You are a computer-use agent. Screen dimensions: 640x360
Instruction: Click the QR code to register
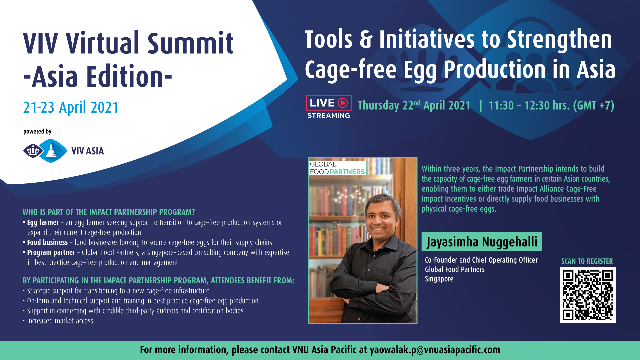[588, 295]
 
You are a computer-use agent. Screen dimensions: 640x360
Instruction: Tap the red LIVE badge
[329, 103]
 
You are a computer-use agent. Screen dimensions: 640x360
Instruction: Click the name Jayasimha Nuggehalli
[482, 242]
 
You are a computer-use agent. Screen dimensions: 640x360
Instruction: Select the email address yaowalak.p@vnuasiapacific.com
[435, 350]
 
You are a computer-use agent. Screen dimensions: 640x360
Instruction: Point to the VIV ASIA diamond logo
[45, 151]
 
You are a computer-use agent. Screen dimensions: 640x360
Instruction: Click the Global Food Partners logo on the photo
[337, 168]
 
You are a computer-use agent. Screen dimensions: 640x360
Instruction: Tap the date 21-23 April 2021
[71, 107]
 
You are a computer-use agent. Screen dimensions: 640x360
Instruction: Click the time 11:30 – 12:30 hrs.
[529, 106]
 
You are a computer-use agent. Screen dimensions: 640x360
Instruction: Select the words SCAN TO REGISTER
[587, 261]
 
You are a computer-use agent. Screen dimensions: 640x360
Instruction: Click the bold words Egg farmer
[43, 223]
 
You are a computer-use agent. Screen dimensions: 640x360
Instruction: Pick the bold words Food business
[47, 242]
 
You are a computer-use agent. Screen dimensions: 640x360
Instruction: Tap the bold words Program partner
[51, 253]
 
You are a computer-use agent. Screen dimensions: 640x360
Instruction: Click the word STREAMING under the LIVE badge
[329, 116]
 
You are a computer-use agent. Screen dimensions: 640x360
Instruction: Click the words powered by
[37, 132]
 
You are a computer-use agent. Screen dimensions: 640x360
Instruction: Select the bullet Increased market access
[60, 321]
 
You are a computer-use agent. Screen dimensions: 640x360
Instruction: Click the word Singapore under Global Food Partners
[439, 279]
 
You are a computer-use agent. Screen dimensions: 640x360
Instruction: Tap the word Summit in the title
[190, 43]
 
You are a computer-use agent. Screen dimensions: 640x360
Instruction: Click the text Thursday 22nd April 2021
[414, 106]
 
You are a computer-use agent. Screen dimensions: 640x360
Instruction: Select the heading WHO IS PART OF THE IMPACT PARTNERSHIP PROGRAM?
[109, 212]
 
